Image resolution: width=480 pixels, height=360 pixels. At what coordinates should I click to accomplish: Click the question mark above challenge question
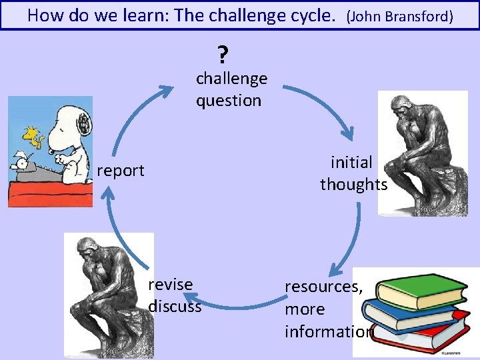(x=222, y=53)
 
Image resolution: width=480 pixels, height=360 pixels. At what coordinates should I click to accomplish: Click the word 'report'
(x=121, y=171)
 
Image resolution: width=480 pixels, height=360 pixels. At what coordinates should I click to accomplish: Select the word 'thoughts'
(x=353, y=185)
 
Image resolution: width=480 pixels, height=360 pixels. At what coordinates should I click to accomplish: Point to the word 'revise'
(x=171, y=285)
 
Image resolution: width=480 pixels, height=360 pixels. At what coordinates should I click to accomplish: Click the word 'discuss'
(x=175, y=307)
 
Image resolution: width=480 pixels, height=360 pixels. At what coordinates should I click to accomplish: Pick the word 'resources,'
(x=324, y=287)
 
